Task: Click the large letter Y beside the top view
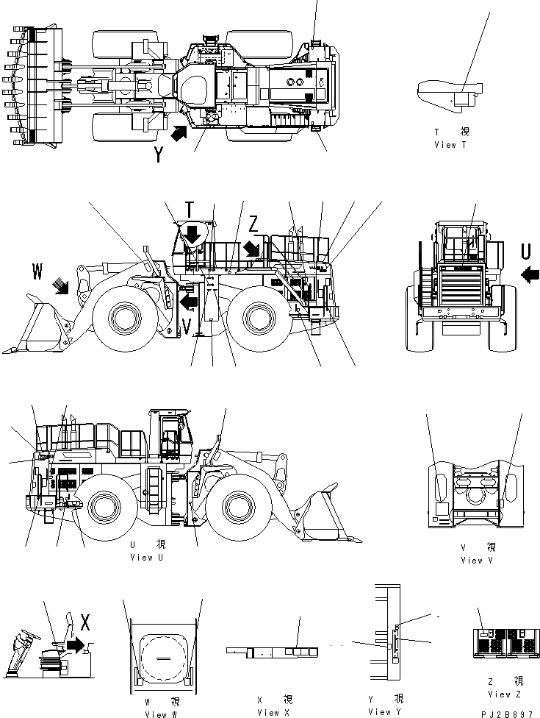point(159,155)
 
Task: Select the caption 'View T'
point(450,145)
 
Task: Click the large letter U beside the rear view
point(526,252)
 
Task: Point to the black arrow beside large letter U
point(529,274)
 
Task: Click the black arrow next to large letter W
point(60,285)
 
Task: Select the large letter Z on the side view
point(253,222)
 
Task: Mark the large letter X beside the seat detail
point(85,623)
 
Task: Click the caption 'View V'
point(472,560)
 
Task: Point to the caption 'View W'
point(162,714)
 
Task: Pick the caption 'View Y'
point(385,711)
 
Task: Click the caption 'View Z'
point(504,694)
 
